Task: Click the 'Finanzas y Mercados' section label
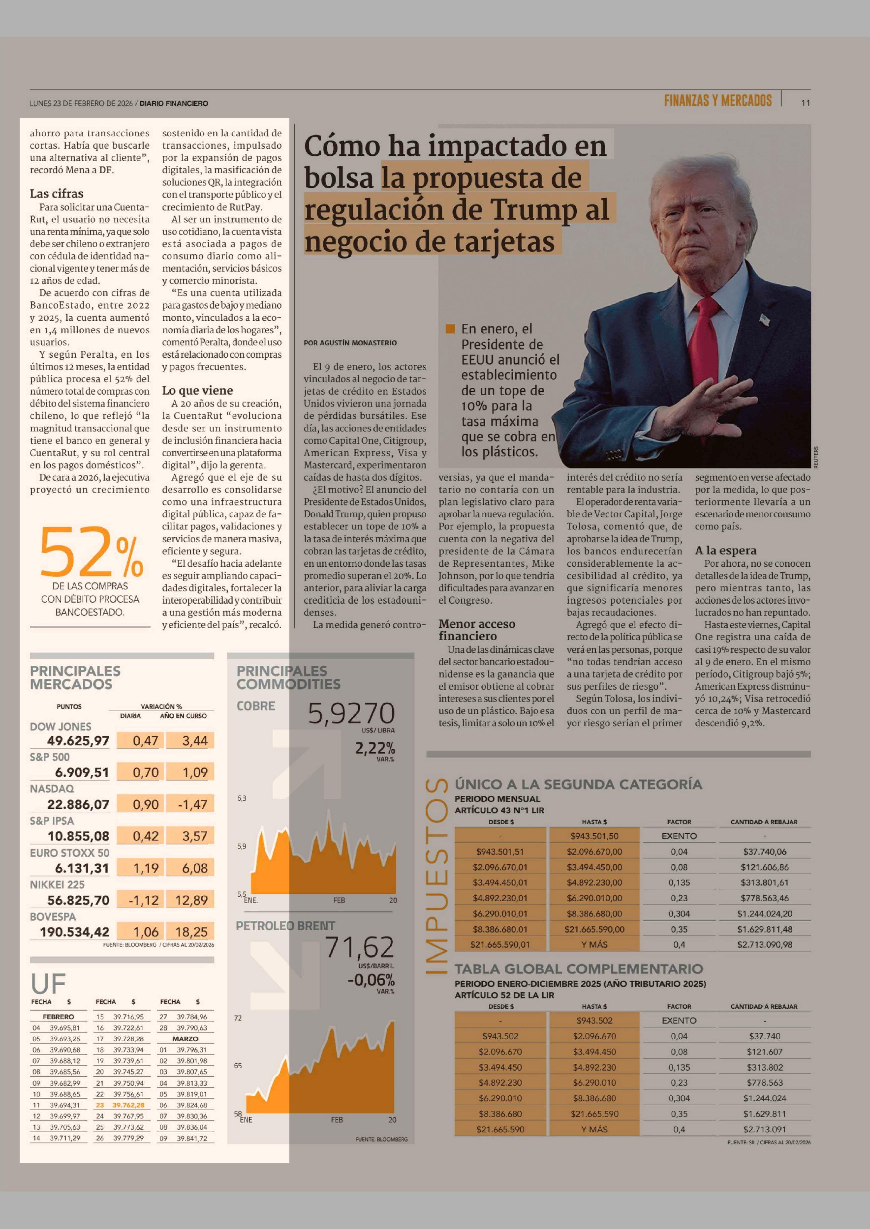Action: pyautogui.click(x=717, y=101)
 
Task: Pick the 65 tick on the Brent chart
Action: pyautogui.click(x=238, y=1066)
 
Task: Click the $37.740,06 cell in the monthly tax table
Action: pyautogui.click(x=764, y=851)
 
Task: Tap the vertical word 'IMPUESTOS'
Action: pyautogui.click(x=436, y=876)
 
